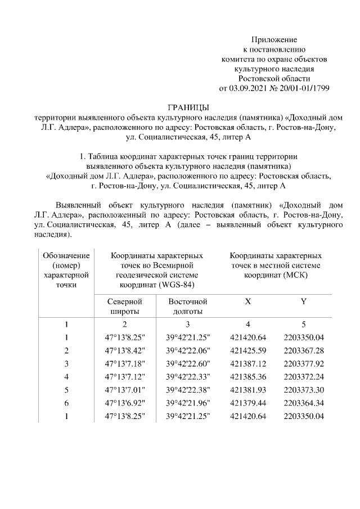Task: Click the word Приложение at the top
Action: tap(273, 40)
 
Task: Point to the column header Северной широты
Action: tap(124, 307)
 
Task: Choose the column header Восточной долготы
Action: tap(188, 307)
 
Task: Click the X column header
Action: tap(248, 301)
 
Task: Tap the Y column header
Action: tap(303, 301)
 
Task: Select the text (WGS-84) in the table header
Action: tap(176, 285)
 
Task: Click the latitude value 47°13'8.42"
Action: tap(125, 350)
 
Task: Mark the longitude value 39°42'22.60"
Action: tap(188, 363)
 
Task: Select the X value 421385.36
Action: tap(248, 376)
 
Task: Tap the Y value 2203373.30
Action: tap(304, 389)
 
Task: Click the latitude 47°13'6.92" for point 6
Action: tap(125, 402)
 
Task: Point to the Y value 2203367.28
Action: tap(304, 350)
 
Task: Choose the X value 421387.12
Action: tap(248, 363)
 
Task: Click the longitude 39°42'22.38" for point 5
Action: tap(188, 389)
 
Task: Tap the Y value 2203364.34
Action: tap(304, 402)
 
